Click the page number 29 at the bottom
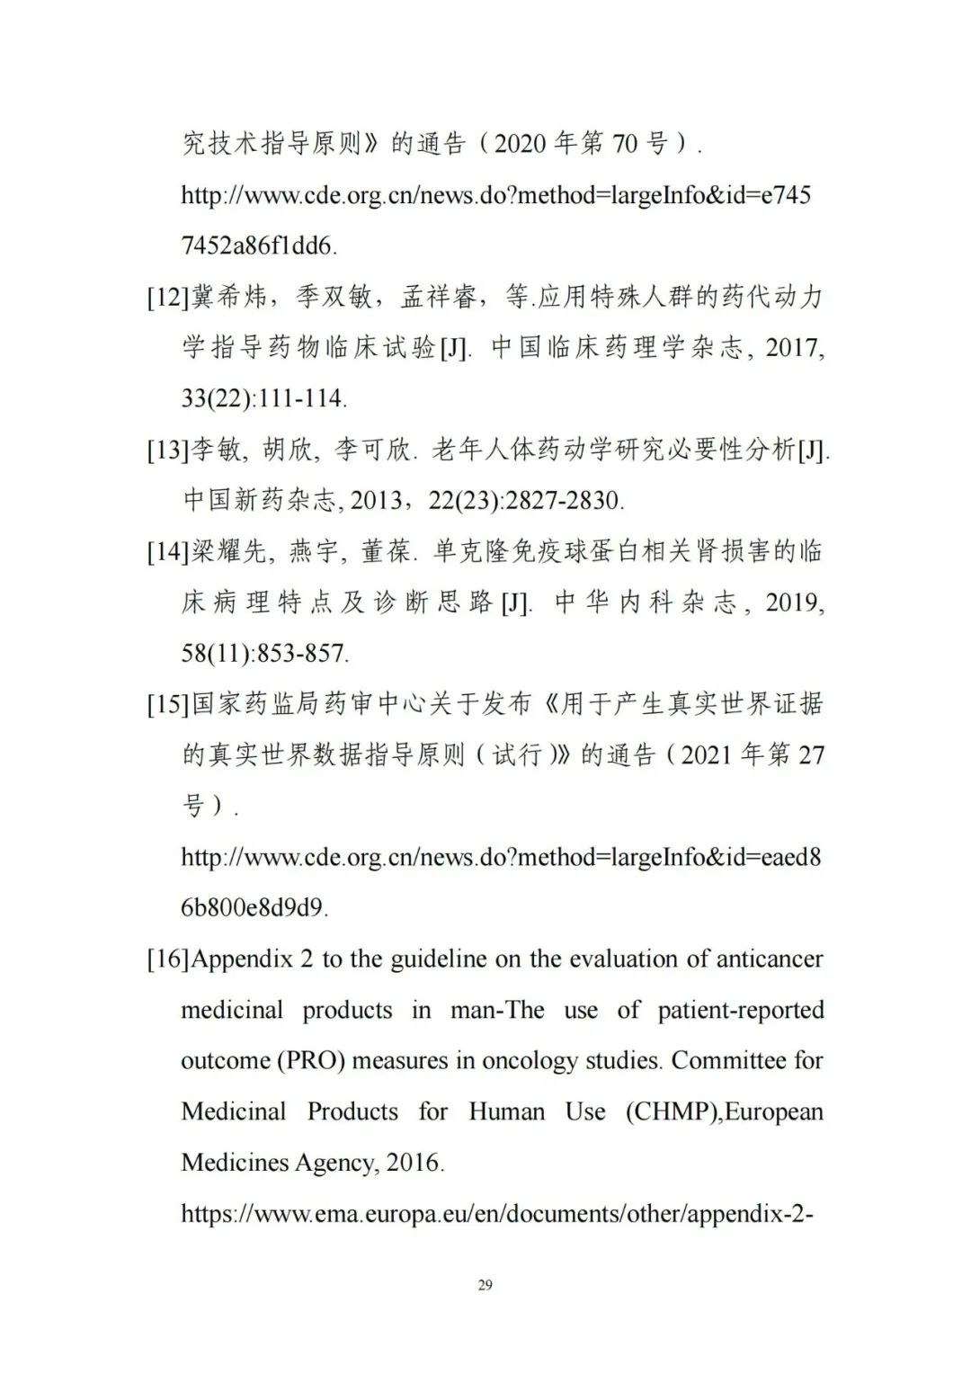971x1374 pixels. [485, 1285]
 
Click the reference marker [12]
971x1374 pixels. [168, 297]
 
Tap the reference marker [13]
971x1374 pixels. [168, 450]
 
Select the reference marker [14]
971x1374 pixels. [168, 551]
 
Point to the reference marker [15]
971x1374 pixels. [168, 704]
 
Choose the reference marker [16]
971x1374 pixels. [168, 959]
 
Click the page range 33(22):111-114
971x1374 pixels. [263, 398]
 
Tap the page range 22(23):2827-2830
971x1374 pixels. [525, 501]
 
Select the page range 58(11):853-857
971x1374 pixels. [264, 654]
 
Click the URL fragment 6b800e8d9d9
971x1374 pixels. [254, 908]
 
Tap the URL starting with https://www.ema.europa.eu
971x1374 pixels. [497, 1215]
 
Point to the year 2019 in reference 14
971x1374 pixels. [794, 602]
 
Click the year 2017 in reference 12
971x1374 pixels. [794, 348]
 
